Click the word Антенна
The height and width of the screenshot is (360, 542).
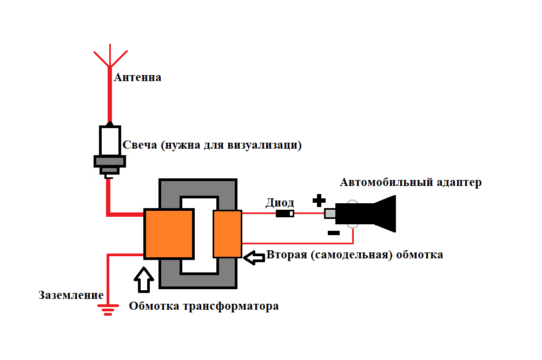tap(137, 77)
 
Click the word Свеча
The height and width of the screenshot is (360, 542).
tap(140, 145)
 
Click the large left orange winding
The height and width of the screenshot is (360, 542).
tap(168, 234)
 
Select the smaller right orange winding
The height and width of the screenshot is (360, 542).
tap(227, 234)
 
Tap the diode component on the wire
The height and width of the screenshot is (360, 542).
tap(285, 214)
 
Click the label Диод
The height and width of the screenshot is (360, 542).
tap(280, 203)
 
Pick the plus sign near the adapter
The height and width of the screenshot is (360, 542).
tap(319, 201)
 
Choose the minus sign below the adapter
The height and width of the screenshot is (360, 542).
tap(334, 233)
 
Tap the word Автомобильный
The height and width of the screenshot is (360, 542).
tap(386, 182)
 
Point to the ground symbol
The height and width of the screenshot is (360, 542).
tap(108, 310)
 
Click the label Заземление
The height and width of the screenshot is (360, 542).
tap(71, 295)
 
